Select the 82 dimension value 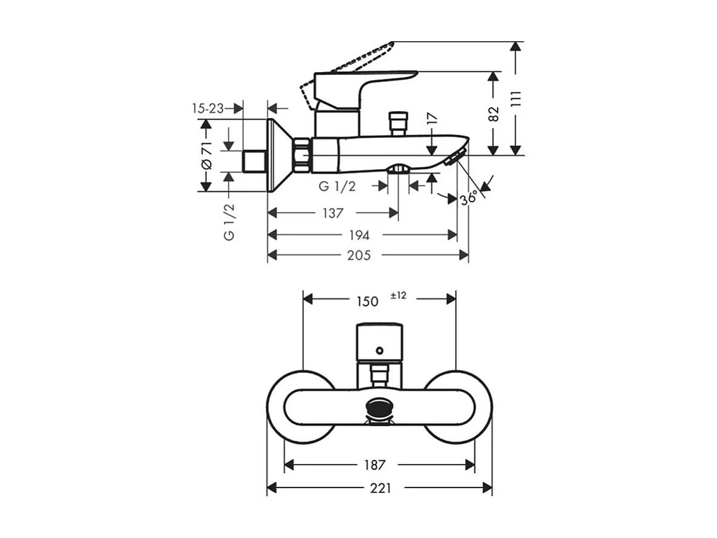pos(494,114)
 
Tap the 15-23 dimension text pos(207,108)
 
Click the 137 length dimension pos(332,213)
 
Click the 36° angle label pos(469,198)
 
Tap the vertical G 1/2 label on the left pos(229,222)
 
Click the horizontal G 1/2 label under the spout pos(337,187)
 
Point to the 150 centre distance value pos(367,301)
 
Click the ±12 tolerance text pos(399,296)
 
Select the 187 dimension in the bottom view pos(375,465)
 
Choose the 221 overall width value pos(380,488)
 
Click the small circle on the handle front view pos(379,350)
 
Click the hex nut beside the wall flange pos(301,155)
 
